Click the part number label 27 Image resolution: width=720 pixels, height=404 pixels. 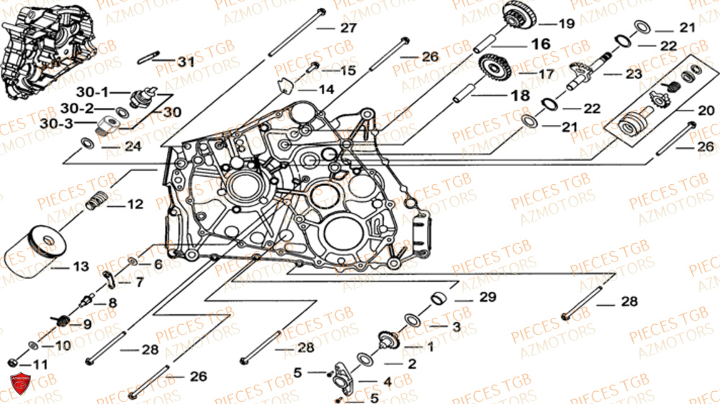[348, 29]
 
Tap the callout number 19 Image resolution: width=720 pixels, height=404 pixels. [566, 24]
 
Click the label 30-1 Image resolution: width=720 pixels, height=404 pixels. [93, 92]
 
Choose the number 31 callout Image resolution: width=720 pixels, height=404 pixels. [186, 63]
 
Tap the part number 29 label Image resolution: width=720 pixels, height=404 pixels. [487, 298]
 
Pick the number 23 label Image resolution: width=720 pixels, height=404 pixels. [633, 73]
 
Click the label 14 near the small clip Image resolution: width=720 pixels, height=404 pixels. [326, 90]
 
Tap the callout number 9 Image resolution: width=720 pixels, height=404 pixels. [86, 324]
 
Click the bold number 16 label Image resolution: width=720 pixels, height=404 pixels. [540, 45]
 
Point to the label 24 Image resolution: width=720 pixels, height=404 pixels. [132, 147]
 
